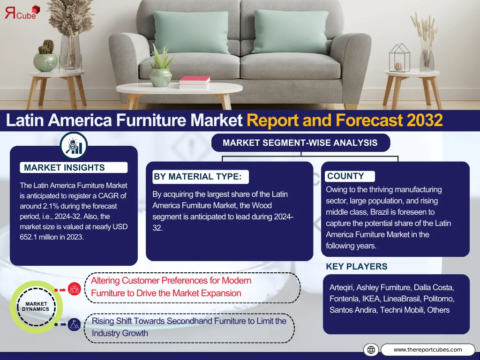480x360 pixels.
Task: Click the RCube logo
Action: pyautogui.click(x=22, y=13)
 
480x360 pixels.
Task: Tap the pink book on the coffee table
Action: pyautogui.click(x=195, y=81)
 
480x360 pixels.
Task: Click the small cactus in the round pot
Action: pyautogui.click(x=47, y=47)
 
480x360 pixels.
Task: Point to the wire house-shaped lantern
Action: pyautogui.click(x=399, y=58)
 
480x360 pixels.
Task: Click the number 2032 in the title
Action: pyautogui.click(x=425, y=120)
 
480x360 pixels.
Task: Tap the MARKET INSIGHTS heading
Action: pyautogui.click(x=64, y=168)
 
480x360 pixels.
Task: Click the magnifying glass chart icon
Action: pyautogui.click(x=74, y=146)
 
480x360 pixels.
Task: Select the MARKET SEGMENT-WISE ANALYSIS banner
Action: pyautogui.click(x=300, y=142)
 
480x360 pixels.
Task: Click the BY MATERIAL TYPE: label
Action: pyautogui.click(x=197, y=177)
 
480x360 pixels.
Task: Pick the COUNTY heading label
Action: pyautogui.click(x=345, y=176)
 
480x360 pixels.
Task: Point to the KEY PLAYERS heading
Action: pyautogui.click(x=357, y=267)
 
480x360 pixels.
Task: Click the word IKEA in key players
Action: pyautogui.click(x=371, y=299)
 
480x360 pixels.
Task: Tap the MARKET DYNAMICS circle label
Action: pyautogui.click(x=36, y=307)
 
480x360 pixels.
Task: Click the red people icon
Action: pyautogui.click(x=75, y=289)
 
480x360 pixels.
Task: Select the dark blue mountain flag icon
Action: pyautogui.click(x=74, y=324)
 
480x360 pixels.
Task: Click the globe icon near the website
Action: pyautogui.click(x=371, y=350)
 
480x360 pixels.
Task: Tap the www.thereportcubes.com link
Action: pyautogui.click(x=427, y=350)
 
